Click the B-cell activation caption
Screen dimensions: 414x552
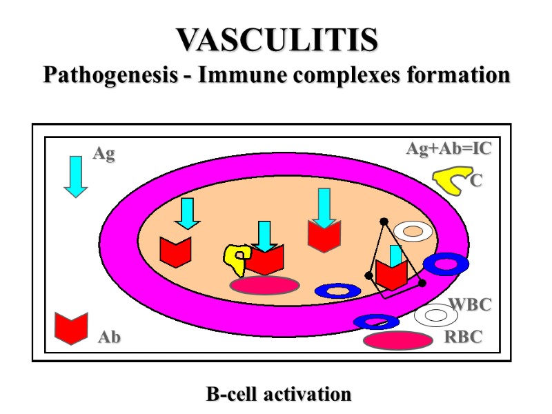278,395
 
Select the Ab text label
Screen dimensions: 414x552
109,337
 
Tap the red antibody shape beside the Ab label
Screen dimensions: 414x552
72,328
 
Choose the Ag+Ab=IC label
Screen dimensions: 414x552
448,149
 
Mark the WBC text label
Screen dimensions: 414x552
470,304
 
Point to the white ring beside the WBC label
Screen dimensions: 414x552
436,315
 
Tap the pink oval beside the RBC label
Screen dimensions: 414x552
397,340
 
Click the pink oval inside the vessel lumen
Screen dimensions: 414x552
264,285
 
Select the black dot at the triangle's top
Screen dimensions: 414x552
384,221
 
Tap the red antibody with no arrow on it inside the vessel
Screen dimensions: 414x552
175,251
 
